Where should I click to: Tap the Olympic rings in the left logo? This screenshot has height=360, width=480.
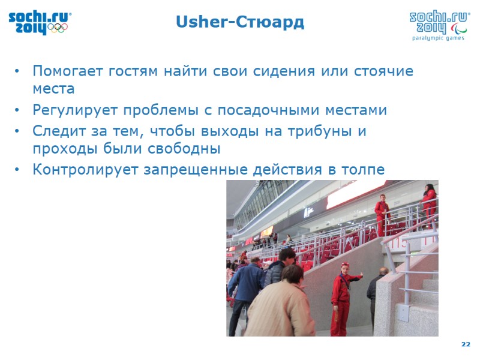tap(58, 28)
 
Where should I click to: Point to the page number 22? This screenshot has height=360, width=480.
tap(466, 344)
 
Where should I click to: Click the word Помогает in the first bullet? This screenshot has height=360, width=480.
tap(68, 71)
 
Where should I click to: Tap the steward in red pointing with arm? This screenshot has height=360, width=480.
tap(342, 297)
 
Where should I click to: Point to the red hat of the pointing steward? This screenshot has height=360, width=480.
tap(345, 265)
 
